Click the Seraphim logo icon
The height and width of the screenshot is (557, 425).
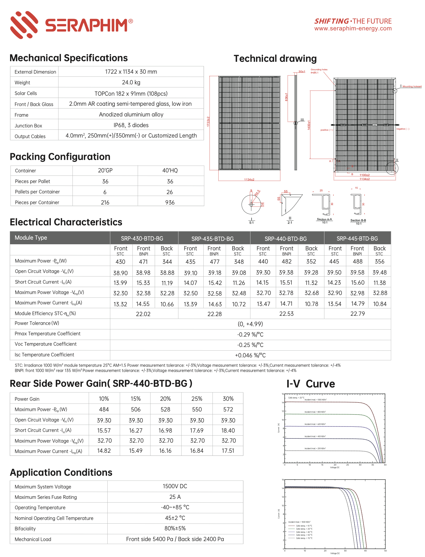pos(24,25)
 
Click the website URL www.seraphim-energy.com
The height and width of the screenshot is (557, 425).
pos(353,28)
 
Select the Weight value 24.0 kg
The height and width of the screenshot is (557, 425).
pos(131,82)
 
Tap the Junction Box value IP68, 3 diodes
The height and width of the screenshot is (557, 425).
pos(131,125)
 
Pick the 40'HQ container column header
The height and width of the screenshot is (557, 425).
pos(170,171)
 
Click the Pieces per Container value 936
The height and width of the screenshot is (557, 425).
pos(170,202)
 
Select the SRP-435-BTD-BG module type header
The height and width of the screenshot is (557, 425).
pos(212,239)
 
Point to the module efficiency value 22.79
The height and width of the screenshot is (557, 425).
pos(357,314)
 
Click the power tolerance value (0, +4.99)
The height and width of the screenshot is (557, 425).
pos(250,324)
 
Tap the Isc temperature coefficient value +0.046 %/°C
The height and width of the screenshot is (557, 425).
pos(250,355)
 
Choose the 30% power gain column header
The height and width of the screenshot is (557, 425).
pos(228,399)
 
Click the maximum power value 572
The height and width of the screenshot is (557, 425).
pos(228,409)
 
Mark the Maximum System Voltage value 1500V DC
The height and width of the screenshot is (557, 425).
pos(175,486)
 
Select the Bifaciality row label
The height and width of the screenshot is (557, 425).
pos(25,529)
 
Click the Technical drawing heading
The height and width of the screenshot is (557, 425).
pos(275,59)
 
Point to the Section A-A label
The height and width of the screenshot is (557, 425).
pos(324,219)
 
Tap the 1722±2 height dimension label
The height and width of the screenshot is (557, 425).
pos(208,121)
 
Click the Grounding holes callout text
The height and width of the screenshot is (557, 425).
pos(319,70)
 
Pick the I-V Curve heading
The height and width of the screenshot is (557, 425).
pos(311,384)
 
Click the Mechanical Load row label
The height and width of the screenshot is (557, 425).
pos(33,539)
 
